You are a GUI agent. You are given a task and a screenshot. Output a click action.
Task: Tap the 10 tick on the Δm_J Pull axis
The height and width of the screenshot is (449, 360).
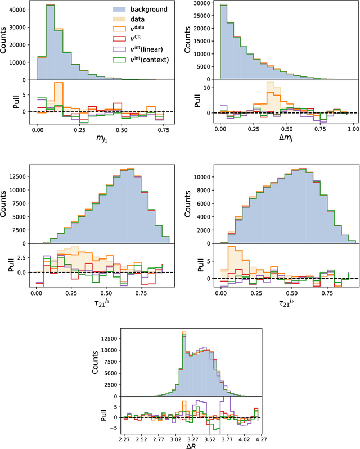(208, 88)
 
